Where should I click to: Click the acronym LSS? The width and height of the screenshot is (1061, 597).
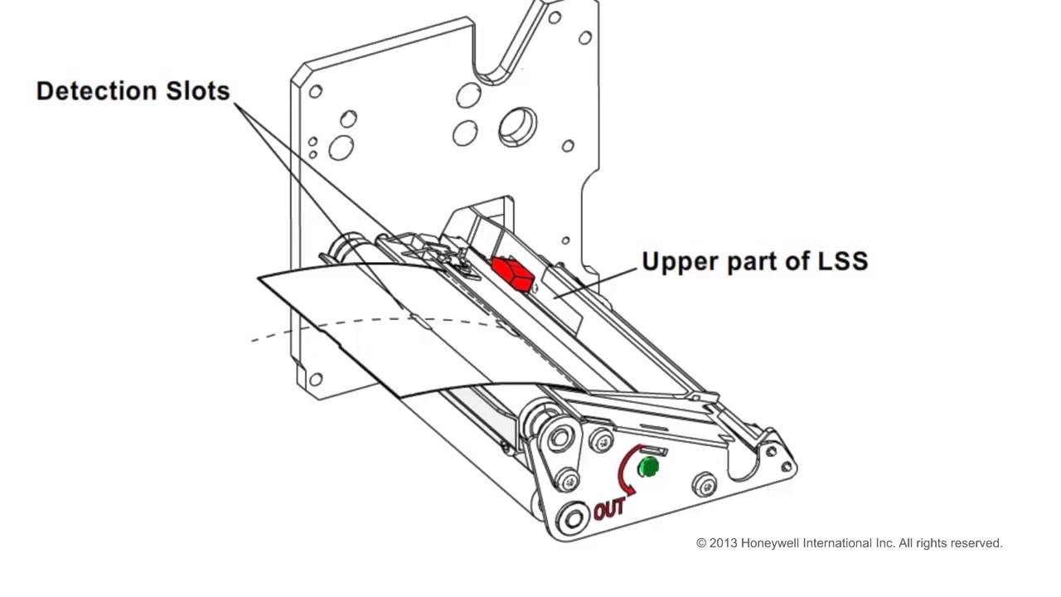click(x=837, y=261)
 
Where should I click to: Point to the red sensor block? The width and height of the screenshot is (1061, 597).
click(x=512, y=274)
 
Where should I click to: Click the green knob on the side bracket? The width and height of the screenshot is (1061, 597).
click(x=648, y=467)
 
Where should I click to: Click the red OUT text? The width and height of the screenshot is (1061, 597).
click(x=609, y=508)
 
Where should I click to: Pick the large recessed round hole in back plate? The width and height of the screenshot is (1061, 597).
click(x=517, y=126)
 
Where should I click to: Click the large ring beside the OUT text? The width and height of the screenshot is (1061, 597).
click(x=571, y=519)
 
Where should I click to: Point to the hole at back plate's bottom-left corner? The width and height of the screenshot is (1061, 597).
click(x=315, y=380)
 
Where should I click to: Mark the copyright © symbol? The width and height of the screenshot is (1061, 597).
click(x=701, y=543)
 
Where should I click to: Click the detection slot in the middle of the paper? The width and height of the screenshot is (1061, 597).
click(x=419, y=319)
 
